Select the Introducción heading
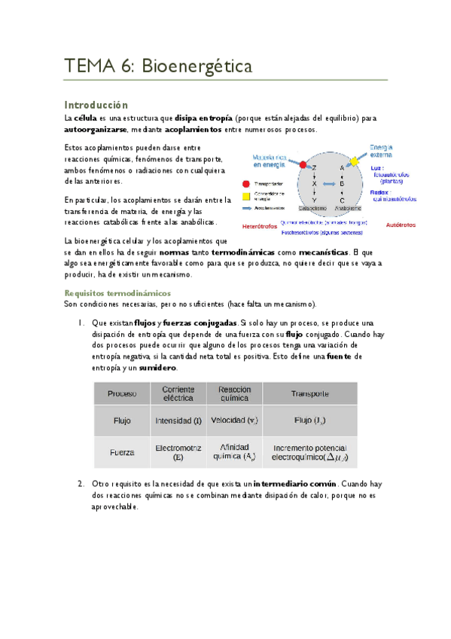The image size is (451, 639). coord(96,105)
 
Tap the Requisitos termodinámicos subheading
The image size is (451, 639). coord(117,292)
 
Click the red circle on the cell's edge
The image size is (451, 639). coord(303,164)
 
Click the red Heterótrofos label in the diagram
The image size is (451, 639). coord(259,225)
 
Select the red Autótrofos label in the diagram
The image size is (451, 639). coord(401,225)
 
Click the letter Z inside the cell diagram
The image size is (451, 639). coord(314,167)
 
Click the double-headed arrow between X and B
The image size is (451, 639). coord(328,183)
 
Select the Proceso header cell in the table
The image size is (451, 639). coord(122,393)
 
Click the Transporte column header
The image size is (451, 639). coord(309,393)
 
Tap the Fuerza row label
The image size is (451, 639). coord(122,452)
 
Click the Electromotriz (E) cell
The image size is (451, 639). coord(178,452)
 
